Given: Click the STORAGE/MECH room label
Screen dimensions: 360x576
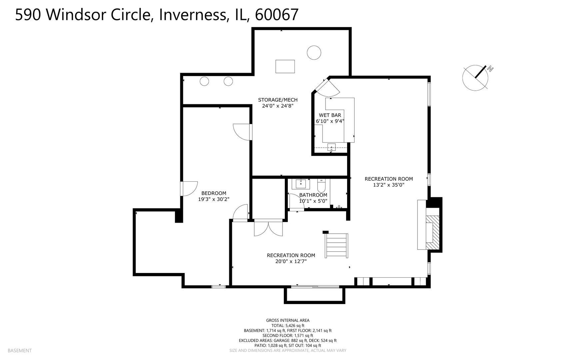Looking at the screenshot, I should coord(278,100).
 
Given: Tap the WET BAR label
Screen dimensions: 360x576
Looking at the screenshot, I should coord(330,115).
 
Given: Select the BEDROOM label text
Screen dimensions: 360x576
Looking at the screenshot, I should coord(214,193).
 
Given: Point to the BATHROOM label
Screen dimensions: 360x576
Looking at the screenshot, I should coord(313,195).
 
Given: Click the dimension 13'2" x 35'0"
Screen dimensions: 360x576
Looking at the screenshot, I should coord(388,185).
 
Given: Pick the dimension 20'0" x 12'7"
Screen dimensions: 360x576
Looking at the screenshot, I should coord(291,262).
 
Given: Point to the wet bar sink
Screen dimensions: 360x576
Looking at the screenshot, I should coord(331,147).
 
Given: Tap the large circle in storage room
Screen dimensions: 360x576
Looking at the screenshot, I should coord(313,53).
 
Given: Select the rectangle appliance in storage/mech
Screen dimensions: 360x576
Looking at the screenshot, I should coord(285,66).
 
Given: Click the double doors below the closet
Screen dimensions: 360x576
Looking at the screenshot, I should coord(268,228).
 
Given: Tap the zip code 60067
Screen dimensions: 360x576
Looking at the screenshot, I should coord(276,15).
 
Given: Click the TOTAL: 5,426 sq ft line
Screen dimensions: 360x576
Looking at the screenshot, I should coord(288,326).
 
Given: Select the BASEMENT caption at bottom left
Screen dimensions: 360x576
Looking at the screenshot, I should coord(19,350).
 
